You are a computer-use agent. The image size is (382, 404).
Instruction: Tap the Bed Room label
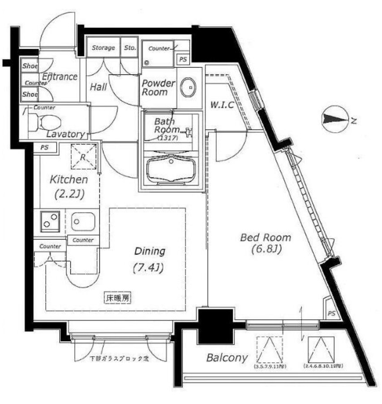click(x=266, y=243)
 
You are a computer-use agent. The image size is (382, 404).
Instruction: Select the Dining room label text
click(x=150, y=259)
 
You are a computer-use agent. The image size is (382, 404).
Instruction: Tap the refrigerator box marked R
click(x=84, y=156)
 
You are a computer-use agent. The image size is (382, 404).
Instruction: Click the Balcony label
click(x=227, y=358)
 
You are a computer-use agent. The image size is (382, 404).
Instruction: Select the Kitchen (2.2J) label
click(x=68, y=187)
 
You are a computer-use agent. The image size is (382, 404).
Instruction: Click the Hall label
click(x=98, y=87)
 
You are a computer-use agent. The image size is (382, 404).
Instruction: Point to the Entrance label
click(x=60, y=77)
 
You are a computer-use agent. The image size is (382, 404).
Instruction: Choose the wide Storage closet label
click(x=103, y=48)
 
